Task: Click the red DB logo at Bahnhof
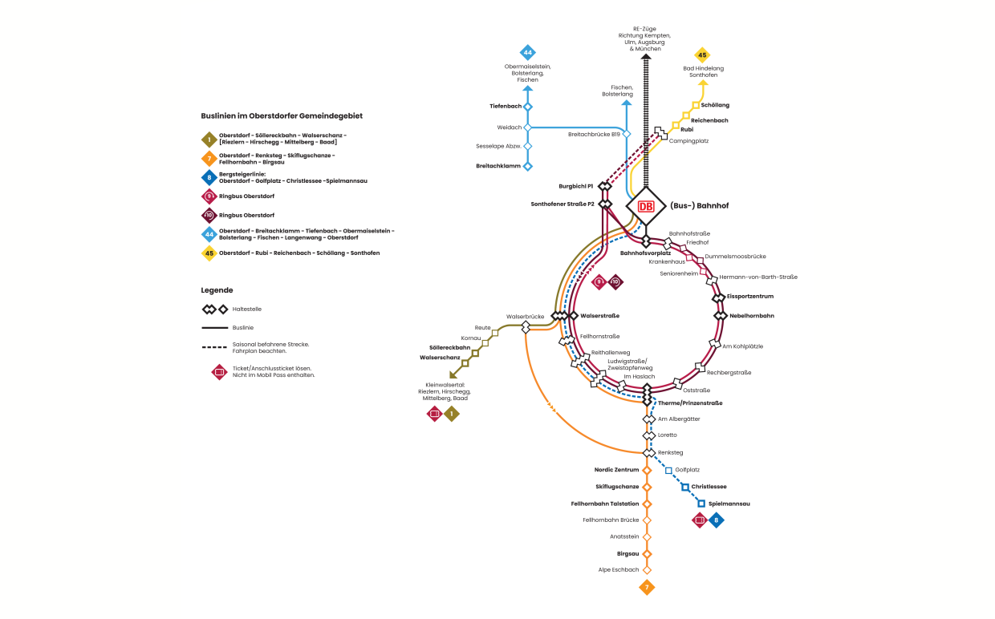[x=646, y=206]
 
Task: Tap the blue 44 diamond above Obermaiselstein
[x=527, y=53]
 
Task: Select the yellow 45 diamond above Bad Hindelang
[x=702, y=55]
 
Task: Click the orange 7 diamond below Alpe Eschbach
[x=647, y=588]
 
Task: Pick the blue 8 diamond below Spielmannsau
[x=717, y=520]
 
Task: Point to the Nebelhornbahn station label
[x=751, y=316]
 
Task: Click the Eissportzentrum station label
[x=751, y=297]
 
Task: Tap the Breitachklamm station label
[x=498, y=166]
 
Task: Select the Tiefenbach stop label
[x=506, y=106]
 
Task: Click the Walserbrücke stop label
[x=525, y=317]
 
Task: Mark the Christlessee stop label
[x=709, y=487]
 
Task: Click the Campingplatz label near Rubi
[x=688, y=140]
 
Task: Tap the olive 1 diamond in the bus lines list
[x=209, y=139]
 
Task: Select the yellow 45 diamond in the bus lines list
[x=209, y=253]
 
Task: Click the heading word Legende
[x=217, y=289]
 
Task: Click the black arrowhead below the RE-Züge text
[x=646, y=57]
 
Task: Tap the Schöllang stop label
[x=715, y=105]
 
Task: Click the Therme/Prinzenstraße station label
[x=690, y=403]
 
